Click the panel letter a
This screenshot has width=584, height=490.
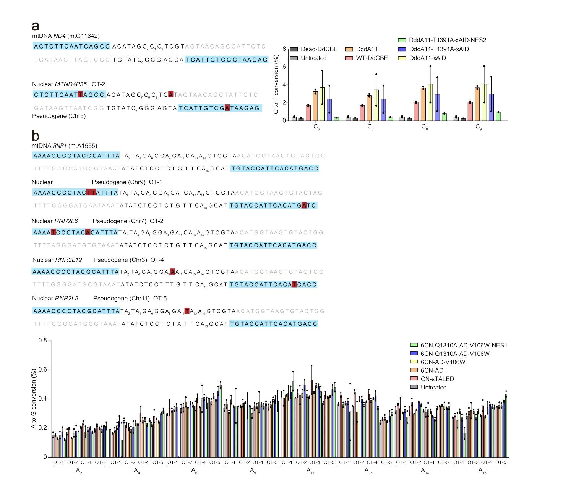pos(36,26)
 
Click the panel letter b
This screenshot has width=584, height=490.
pos(36,136)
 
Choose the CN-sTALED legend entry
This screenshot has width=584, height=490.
pos(437,379)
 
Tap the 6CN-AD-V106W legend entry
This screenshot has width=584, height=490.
pos(443,362)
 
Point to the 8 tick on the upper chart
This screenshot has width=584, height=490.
pos(284,49)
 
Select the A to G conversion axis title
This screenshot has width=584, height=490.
pos(34,399)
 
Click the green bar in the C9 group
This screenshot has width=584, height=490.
pos(498,116)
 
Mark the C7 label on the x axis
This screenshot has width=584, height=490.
pos(370,127)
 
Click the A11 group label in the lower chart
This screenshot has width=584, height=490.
pos(310,471)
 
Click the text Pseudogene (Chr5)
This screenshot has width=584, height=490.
pos(59,116)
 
